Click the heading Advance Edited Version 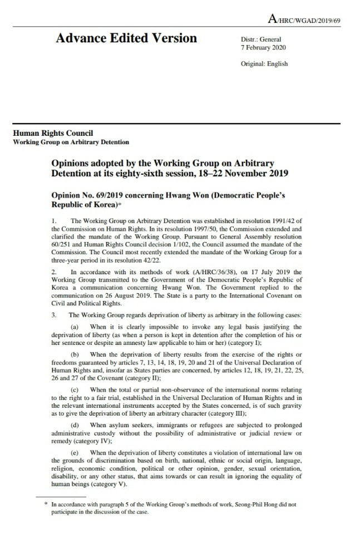[126, 38]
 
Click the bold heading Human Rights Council [53, 133]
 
